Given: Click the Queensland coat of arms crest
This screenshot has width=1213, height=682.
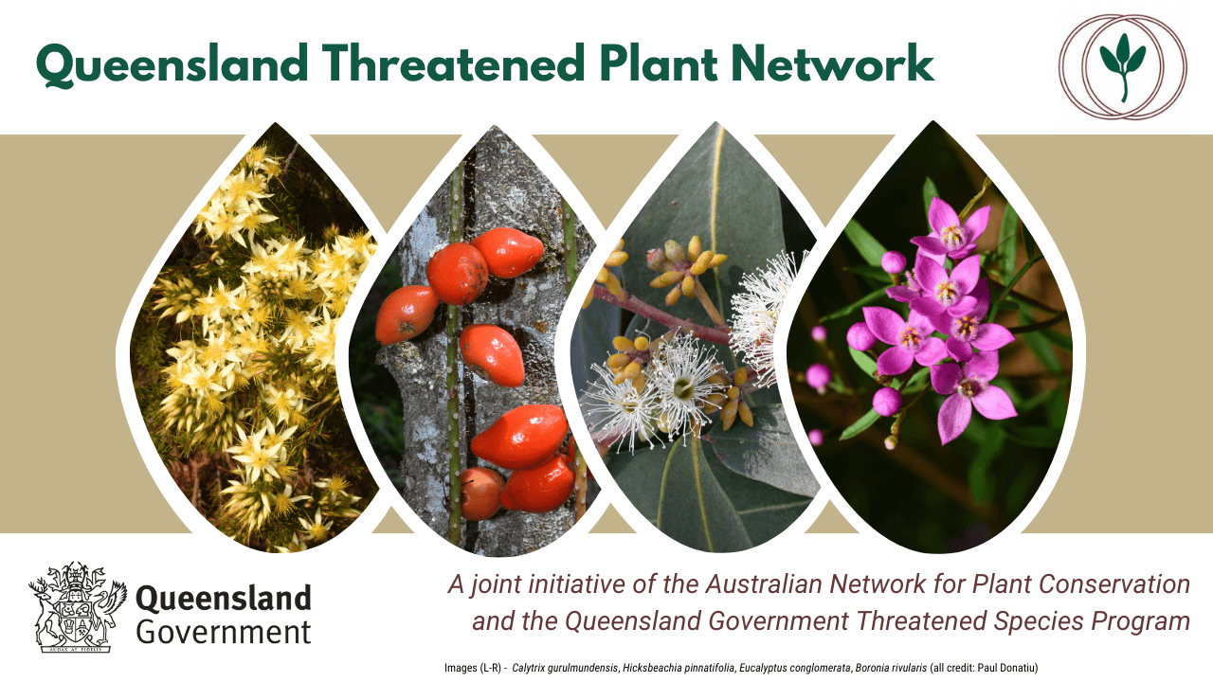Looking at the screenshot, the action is tap(78, 607).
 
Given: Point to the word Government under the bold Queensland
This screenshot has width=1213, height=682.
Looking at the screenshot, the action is tap(224, 632).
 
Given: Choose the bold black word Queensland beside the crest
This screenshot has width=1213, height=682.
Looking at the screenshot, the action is tap(224, 599).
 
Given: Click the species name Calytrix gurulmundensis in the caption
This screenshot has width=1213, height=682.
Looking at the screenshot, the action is tap(565, 668).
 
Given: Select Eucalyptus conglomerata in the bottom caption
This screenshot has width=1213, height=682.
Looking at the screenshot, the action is tap(795, 668).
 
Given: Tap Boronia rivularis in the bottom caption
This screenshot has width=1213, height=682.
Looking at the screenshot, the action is tap(891, 668).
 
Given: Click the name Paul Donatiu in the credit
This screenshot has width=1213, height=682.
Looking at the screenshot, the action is tap(1005, 668).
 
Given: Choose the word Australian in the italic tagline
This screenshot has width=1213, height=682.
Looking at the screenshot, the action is tap(765, 584).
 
